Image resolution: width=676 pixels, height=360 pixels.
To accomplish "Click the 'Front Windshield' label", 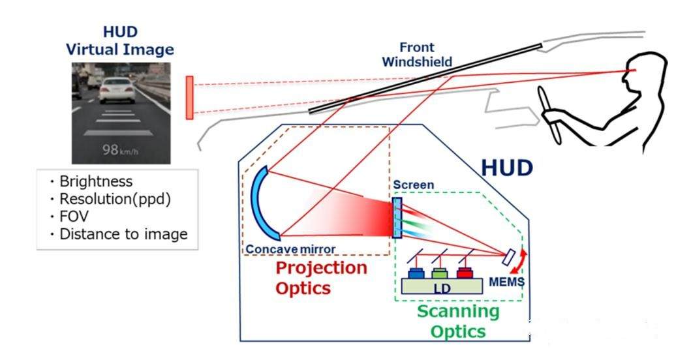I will tap(417, 55).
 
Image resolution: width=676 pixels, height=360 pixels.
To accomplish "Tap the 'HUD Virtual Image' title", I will tap(121, 40).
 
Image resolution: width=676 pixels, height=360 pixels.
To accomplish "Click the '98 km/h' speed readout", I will tap(121, 149).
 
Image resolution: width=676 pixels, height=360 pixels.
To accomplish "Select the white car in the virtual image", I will tap(117, 90).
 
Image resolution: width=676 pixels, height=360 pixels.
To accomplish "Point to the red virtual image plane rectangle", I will tap(189, 97).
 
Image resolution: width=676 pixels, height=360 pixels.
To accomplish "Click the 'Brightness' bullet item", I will tap(95, 181).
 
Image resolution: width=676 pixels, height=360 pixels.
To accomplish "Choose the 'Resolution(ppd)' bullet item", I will tap(114, 199).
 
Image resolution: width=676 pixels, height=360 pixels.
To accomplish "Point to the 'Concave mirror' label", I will tap(290, 248).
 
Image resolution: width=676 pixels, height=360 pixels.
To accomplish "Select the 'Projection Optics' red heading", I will tap(321, 278).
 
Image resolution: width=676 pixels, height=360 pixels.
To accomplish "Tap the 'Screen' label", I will tap(414, 185).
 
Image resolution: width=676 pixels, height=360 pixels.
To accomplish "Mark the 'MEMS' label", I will tap(507, 282).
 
